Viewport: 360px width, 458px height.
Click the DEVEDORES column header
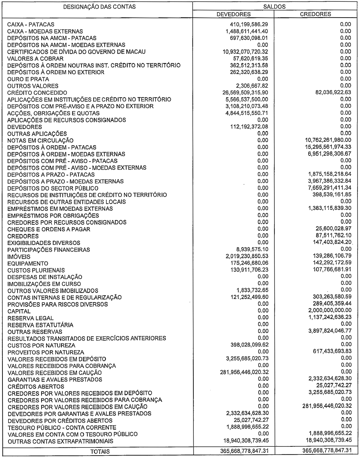(234, 14)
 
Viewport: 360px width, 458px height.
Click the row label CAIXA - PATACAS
(31, 24)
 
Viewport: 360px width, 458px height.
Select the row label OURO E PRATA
(28, 79)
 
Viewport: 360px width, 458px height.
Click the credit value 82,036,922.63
(328, 93)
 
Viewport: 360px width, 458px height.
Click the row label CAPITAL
(19, 311)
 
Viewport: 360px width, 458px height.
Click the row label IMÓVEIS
(19, 257)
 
